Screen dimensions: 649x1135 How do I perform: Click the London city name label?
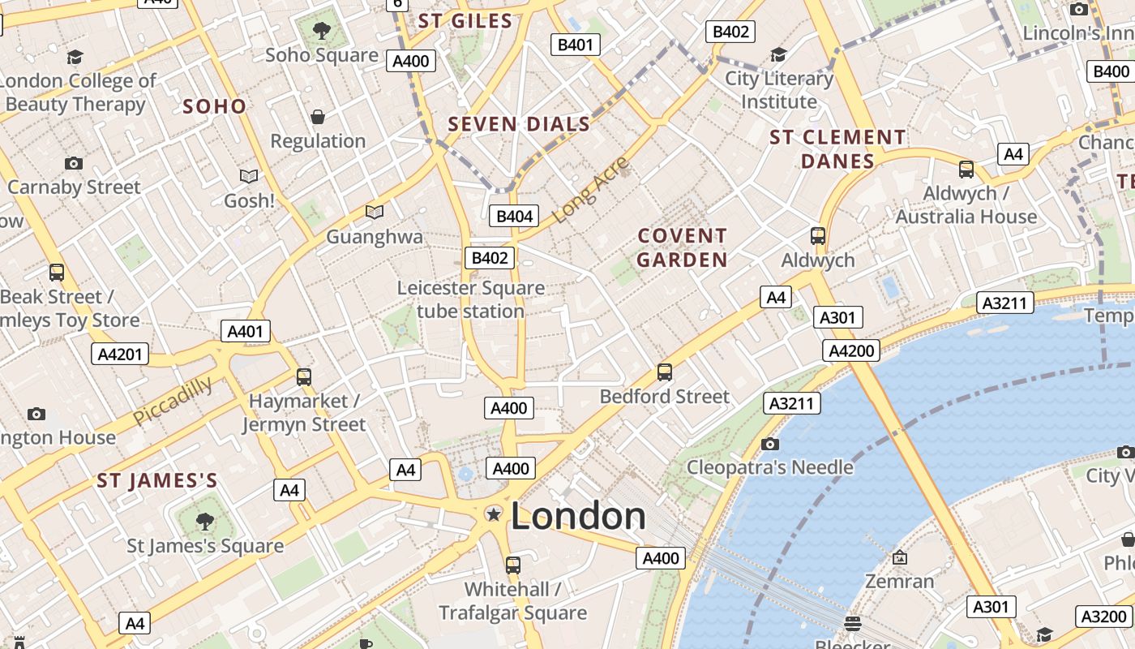(x=578, y=516)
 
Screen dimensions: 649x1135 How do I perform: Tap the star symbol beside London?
(x=493, y=514)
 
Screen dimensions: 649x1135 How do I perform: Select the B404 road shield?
(x=514, y=216)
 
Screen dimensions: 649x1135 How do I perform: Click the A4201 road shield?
(x=119, y=354)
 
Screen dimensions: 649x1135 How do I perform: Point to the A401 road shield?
(x=246, y=331)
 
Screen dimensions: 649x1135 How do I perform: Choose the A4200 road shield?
(x=851, y=350)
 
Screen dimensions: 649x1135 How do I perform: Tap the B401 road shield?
(x=575, y=45)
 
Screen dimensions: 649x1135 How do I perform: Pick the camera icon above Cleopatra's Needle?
(x=770, y=444)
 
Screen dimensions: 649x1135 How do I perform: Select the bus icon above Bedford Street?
(x=665, y=372)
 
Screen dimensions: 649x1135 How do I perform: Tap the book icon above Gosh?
(x=249, y=176)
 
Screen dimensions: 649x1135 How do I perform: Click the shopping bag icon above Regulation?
(x=318, y=117)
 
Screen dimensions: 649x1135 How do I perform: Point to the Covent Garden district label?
(x=682, y=248)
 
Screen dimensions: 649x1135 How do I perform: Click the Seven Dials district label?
(x=519, y=124)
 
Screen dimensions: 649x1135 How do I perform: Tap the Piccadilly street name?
(x=173, y=400)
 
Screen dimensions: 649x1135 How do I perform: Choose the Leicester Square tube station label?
(x=470, y=299)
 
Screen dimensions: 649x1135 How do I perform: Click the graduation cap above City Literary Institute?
(x=778, y=55)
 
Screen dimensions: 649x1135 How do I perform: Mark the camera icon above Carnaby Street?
(x=74, y=163)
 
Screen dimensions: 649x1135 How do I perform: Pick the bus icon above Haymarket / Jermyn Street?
(x=304, y=376)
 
